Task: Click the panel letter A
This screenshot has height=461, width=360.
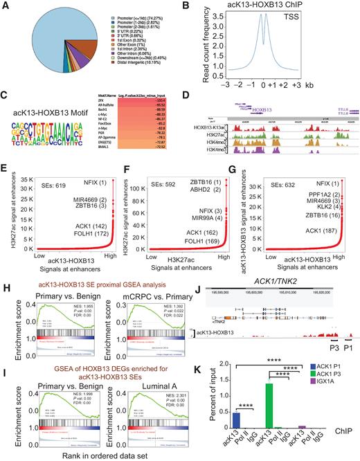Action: (x=6, y=6)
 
